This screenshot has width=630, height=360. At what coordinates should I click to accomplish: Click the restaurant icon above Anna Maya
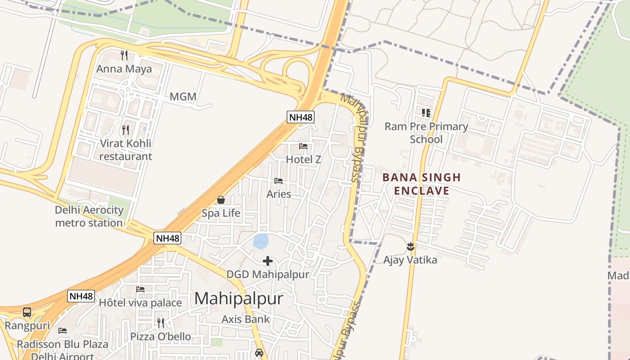tap(124, 55)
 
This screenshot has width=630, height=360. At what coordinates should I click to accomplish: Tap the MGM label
tap(183, 97)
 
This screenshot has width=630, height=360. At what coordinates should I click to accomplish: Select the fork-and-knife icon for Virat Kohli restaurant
tap(126, 130)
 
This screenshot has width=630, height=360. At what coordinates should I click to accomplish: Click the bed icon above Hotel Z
tap(303, 146)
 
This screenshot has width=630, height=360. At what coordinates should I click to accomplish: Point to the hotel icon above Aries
tap(279, 181)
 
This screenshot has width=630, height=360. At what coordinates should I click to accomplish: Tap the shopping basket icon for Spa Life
tap(221, 200)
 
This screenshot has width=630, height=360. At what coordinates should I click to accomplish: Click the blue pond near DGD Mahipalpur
tap(261, 241)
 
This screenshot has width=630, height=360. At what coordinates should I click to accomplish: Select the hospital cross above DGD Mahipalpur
tap(268, 261)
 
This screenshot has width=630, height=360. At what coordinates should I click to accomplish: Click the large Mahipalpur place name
tap(238, 298)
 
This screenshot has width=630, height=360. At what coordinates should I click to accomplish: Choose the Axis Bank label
tap(246, 319)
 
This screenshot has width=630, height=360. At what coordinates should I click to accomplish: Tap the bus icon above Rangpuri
tap(27, 312)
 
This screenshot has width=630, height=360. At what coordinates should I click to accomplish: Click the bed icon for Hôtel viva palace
tap(140, 289)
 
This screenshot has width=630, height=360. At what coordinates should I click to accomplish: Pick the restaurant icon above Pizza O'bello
tap(161, 323)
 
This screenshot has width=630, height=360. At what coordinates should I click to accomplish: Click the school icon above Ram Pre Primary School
tap(426, 112)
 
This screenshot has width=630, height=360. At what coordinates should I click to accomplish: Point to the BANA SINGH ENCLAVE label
tap(422, 184)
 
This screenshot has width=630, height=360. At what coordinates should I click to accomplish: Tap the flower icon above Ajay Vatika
tap(410, 246)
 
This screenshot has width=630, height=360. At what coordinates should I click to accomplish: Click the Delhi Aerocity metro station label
tap(89, 216)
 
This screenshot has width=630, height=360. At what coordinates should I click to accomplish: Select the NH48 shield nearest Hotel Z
tap(301, 117)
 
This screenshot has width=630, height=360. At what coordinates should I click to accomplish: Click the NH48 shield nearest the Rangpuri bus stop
tap(81, 296)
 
